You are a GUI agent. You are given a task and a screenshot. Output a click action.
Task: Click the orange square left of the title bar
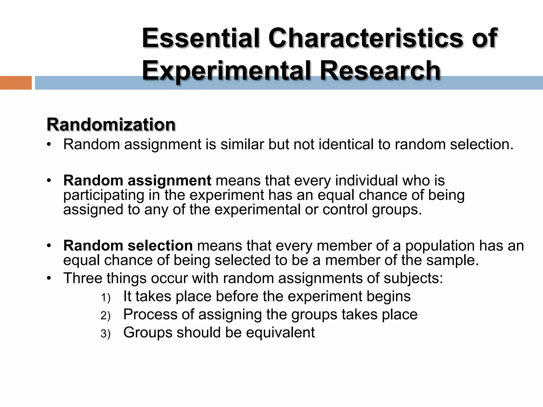[x=16, y=83]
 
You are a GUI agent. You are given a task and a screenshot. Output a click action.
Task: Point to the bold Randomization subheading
[x=111, y=124]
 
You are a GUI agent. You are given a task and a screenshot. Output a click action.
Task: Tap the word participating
[x=104, y=195]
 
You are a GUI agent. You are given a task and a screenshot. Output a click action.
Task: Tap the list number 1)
[x=105, y=298]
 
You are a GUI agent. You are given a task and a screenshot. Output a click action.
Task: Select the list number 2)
[x=105, y=316]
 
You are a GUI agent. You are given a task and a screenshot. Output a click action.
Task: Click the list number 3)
[x=105, y=334]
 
